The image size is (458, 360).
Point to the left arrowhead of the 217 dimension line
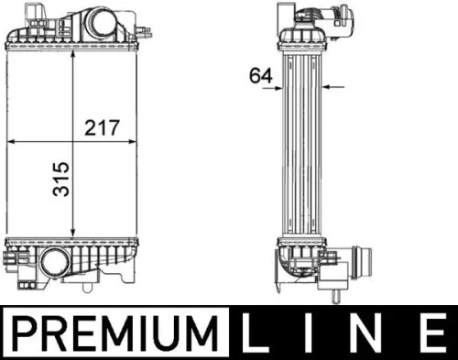coord(13,142)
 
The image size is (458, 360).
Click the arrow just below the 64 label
coord(274,89)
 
